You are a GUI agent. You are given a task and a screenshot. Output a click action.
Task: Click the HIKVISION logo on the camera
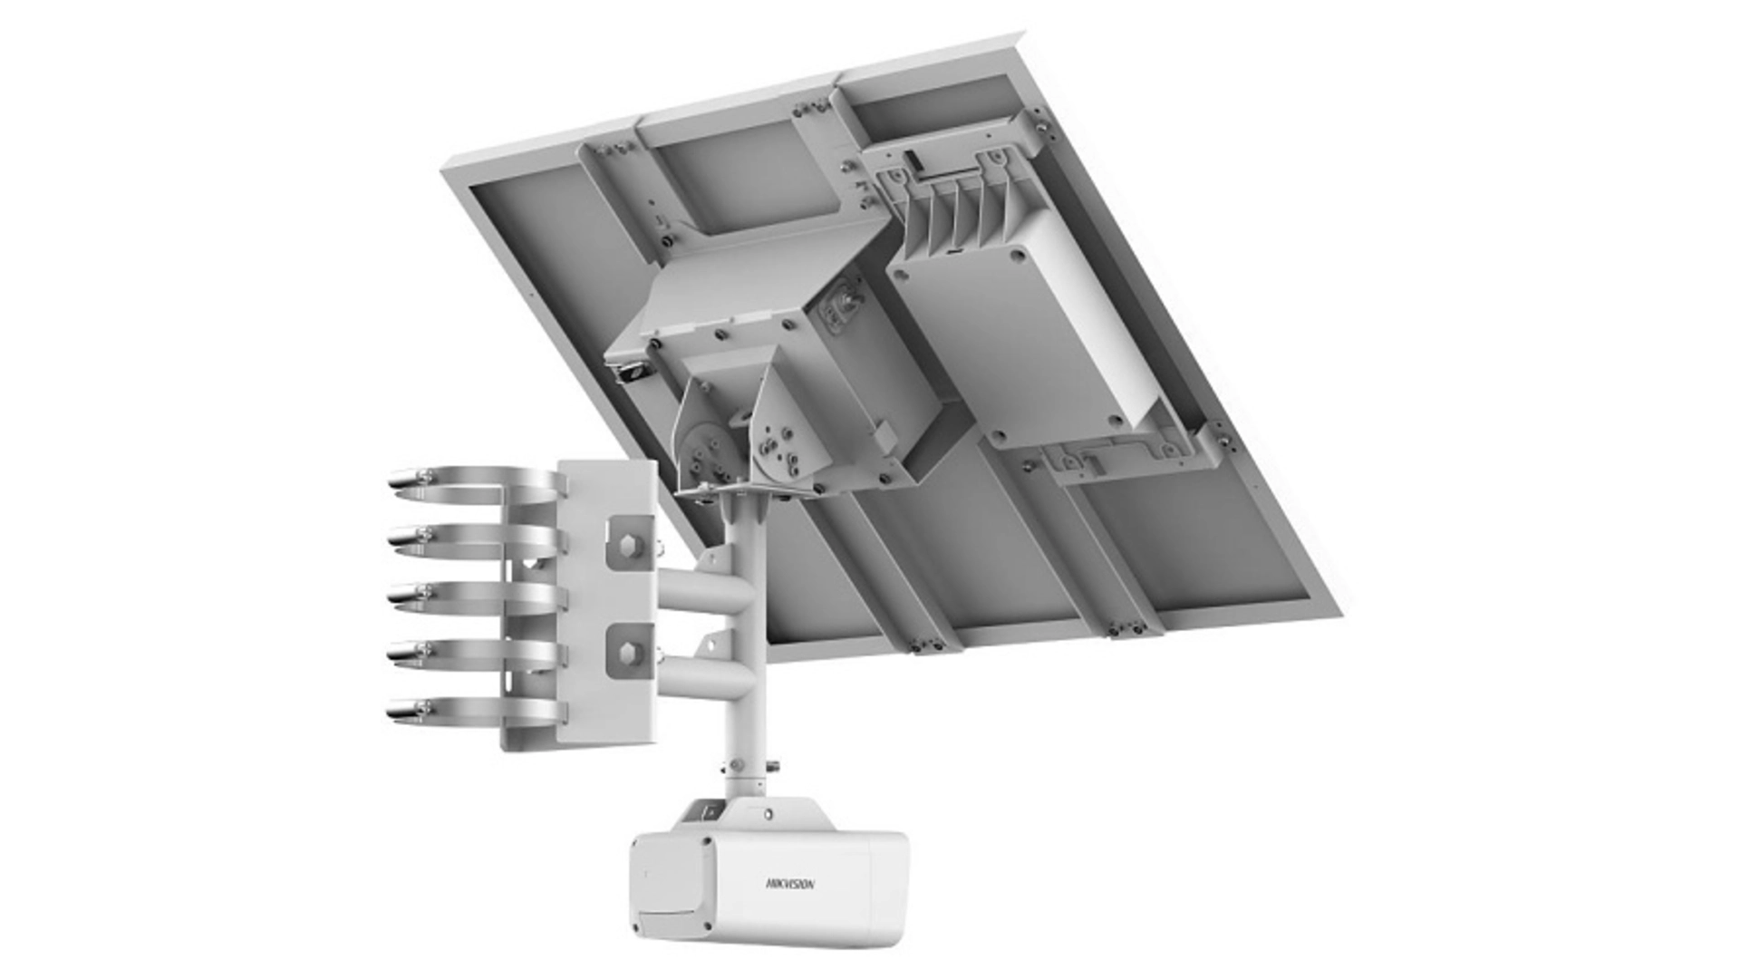pyautogui.click(x=790, y=883)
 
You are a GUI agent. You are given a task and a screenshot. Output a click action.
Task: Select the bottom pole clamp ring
pyautogui.click(x=471, y=710)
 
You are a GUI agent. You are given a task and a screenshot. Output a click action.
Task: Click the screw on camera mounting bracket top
pyautogui.click(x=768, y=814)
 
